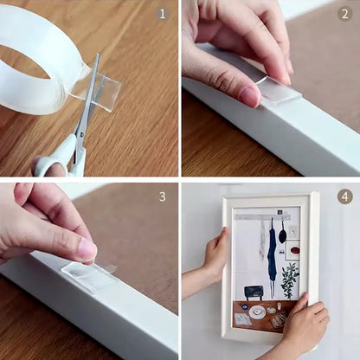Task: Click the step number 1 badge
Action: pos(162,14)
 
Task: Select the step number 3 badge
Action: pos(162,196)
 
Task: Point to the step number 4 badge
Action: pos(344,196)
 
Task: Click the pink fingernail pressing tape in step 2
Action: pos(249,96)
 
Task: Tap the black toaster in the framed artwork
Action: pos(254,292)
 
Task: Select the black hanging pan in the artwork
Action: pos(283,231)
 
